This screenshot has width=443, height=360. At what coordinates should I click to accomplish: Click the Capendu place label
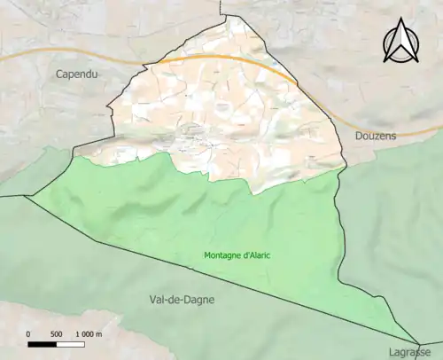[76, 74]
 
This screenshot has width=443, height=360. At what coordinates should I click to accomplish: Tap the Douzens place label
[374, 136]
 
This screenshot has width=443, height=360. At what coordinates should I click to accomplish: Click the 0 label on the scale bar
[29, 333]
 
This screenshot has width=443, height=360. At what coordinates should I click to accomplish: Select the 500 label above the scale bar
[57, 333]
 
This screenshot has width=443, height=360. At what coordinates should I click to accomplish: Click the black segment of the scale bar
[43, 343]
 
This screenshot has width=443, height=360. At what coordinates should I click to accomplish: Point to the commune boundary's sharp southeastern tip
[418, 343]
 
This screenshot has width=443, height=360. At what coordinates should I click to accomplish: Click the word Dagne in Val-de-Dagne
[197, 300]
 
